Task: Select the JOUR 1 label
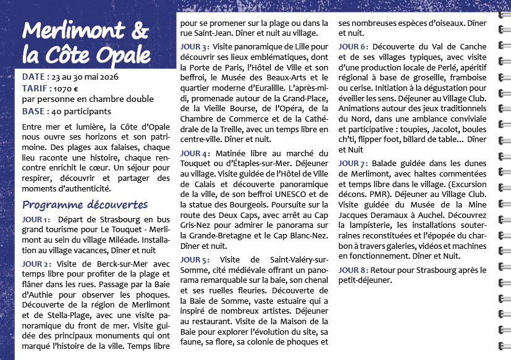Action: pyautogui.click(x=36, y=220)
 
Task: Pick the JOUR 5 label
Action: pyautogui.click(x=195, y=259)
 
